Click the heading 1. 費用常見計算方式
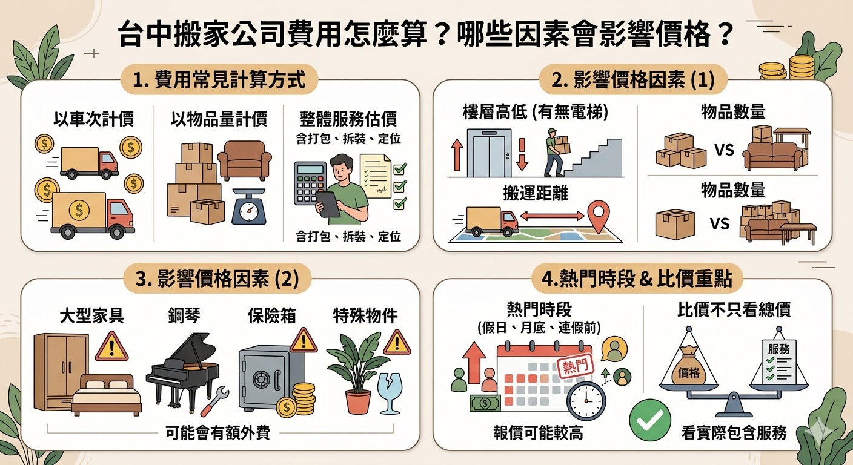coord(219,81)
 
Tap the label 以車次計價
coord(94,119)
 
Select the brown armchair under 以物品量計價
coord(244,160)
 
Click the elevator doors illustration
coord(489,153)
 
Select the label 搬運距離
coord(536,193)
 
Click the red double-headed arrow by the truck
coord(552,216)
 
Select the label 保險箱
coord(272,315)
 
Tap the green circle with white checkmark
coord(649,420)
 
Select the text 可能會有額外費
coord(218,433)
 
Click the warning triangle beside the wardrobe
coord(111,346)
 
